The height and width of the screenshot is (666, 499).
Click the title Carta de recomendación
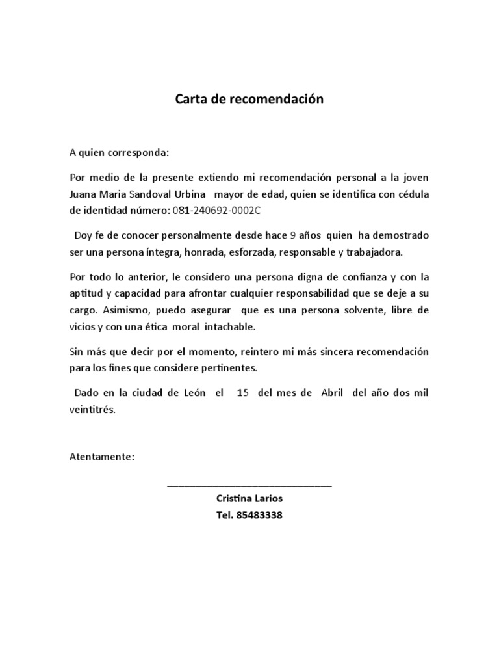click(x=249, y=100)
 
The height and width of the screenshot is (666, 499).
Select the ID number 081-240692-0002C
click(x=220, y=210)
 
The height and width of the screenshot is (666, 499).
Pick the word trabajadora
click(x=374, y=251)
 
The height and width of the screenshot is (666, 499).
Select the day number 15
click(x=242, y=393)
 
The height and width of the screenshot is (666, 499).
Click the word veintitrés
click(x=92, y=410)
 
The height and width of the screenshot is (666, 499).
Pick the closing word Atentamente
click(x=102, y=457)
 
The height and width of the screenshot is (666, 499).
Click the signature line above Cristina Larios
click(x=249, y=485)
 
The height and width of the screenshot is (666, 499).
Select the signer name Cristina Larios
click(x=249, y=499)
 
